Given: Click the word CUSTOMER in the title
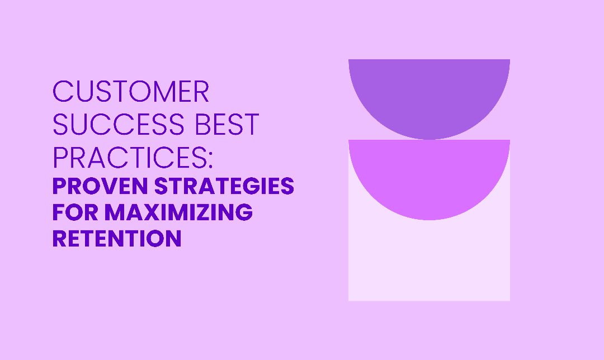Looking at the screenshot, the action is click(130, 92).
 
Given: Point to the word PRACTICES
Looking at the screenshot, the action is click(130, 157).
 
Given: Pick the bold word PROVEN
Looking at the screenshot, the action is click(100, 186).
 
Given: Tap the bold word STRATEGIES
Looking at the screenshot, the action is click(224, 186).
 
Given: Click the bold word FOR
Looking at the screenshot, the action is click(75, 212).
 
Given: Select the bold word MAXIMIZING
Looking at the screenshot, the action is click(178, 212).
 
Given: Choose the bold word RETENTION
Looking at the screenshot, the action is click(117, 238).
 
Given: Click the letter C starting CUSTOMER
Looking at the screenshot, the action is click(63, 92).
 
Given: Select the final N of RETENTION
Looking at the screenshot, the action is click(173, 238).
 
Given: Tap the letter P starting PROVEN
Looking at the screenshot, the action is click(59, 186).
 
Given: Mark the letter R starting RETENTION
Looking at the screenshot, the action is click(60, 238).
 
